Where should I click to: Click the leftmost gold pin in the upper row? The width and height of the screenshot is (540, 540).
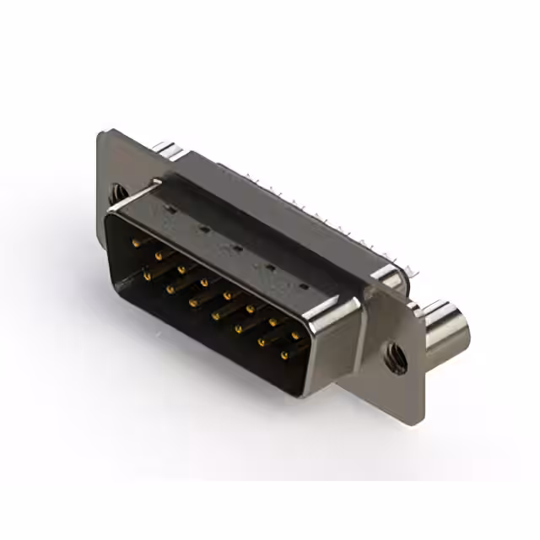[x=137, y=242]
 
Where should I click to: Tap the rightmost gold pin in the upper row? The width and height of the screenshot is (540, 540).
[x=296, y=335]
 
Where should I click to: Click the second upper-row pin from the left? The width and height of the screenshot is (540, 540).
[x=159, y=255]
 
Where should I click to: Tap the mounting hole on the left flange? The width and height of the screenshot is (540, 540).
[x=116, y=194]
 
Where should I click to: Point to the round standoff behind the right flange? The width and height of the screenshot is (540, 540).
[x=445, y=329]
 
